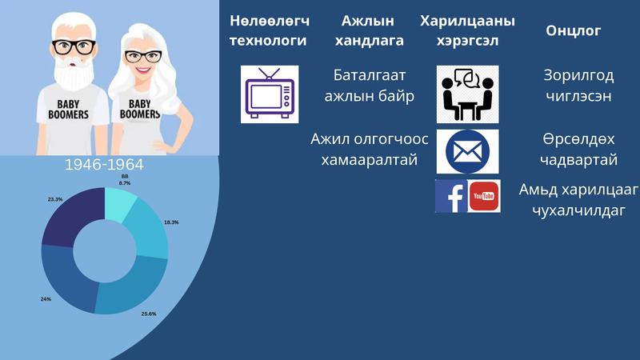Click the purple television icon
(270, 94)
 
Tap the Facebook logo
(451, 196)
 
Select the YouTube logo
(484, 196)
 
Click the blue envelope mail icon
(467, 152)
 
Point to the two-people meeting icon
(467, 94)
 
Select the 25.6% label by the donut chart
(149, 314)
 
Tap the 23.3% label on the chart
(55, 199)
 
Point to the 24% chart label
(46, 299)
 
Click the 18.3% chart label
(171, 222)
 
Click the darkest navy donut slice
(74, 216)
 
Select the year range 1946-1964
(105, 165)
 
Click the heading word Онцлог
(573, 30)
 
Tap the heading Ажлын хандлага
(369, 30)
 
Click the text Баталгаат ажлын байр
(370, 86)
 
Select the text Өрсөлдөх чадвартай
(578, 150)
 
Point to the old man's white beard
(74, 74)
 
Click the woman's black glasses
(143, 56)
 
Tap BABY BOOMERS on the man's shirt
(68, 110)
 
